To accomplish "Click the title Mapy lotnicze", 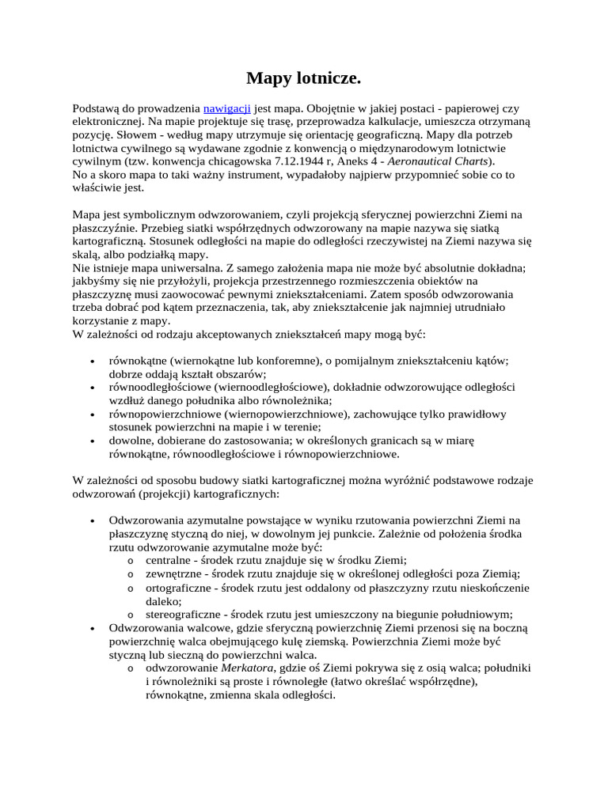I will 303,78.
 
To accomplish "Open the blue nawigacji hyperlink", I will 227,108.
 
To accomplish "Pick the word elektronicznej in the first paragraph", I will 107,121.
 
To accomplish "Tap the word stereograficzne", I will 183,615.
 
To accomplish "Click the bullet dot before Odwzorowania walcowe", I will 93,629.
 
